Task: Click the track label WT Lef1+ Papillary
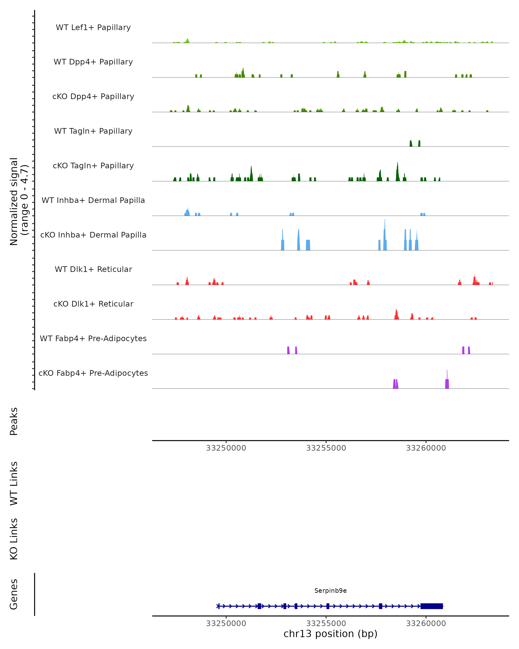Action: [93, 27]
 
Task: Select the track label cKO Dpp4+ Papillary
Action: [93, 97]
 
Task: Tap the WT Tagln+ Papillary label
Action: [93, 131]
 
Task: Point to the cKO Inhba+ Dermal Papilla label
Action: [93, 235]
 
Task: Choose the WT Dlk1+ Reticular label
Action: [93, 269]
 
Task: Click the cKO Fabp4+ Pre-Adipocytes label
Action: [93, 373]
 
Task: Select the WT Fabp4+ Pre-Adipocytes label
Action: [93, 339]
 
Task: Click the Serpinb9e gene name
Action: [330, 591]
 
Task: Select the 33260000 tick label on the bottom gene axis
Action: [426, 624]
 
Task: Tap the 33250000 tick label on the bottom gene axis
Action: [226, 624]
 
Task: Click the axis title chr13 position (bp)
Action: [330, 634]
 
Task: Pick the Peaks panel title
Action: [14, 421]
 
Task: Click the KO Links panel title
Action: [14, 539]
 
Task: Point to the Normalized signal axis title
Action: [19, 202]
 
